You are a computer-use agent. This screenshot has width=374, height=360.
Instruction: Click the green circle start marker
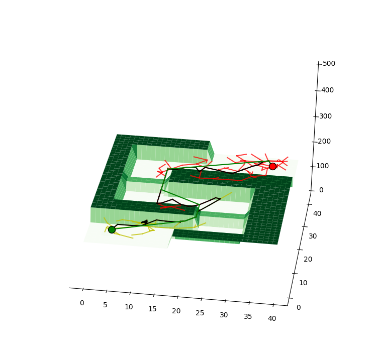tap(112, 229)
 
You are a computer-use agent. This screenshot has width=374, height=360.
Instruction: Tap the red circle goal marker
tap(272, 166)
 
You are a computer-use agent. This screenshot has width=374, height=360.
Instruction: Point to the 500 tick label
tap(329, 64)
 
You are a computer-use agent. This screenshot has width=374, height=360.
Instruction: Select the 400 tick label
tap(327, 90)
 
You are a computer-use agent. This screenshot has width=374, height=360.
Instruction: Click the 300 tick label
tap(326, 116)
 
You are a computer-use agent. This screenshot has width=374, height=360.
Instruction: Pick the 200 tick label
tap(324, 141)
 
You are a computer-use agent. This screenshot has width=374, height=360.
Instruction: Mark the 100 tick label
tap(323, 166)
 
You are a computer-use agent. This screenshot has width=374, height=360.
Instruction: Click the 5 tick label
tap(105, 305)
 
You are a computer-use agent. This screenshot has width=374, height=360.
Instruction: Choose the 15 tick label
tap(152, 309)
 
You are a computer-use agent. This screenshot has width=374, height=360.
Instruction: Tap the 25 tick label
tap(200, 313)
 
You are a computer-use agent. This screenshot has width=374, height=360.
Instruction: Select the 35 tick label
tap(248, 316)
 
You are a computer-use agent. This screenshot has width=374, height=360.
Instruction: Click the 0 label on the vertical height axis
tap(321, 190)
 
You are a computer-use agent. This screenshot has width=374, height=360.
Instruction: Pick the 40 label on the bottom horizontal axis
tap(272, 318)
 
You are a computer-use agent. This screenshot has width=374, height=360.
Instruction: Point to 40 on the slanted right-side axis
tap(317, 214)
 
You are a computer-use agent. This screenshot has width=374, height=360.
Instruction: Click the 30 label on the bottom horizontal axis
tap(224, 315)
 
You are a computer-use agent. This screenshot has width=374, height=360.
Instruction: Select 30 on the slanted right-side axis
tap(313, 236)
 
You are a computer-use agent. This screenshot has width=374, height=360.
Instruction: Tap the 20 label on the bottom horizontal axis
tap(176, 311)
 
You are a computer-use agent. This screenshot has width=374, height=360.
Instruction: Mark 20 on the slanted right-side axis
tap(308, 259)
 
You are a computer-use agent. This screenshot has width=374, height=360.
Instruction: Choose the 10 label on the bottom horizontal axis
tap(129, 307)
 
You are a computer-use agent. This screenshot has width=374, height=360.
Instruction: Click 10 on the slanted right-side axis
tap(303, 283)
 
